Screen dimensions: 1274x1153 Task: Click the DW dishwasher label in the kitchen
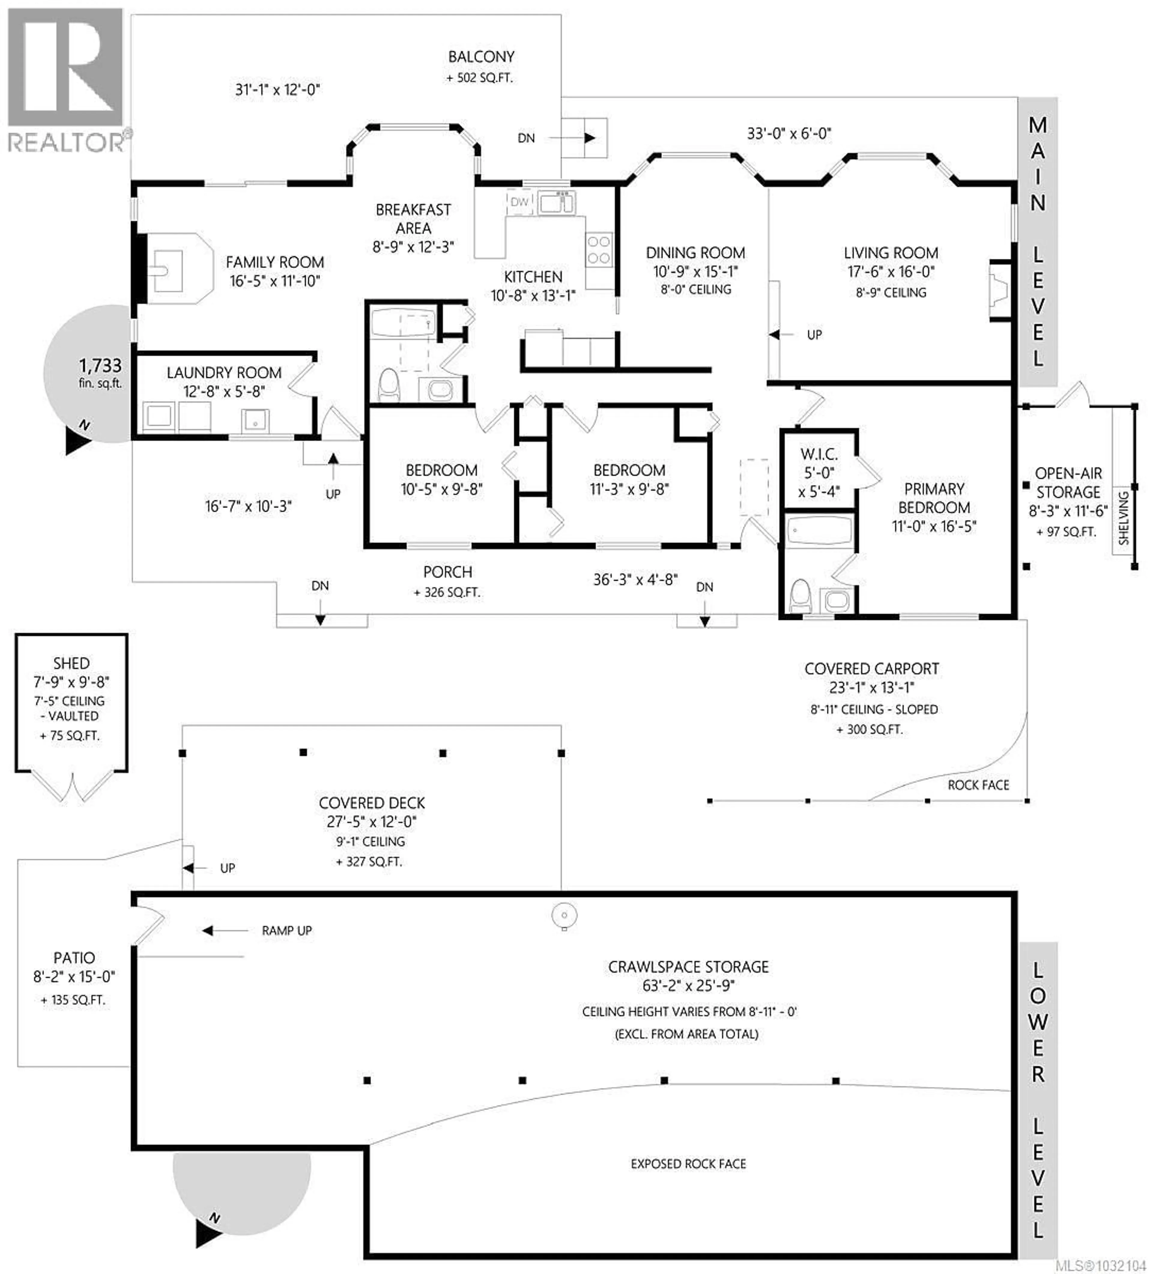519,202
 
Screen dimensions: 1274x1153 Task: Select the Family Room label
275,262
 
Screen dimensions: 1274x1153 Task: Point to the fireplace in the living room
1000,291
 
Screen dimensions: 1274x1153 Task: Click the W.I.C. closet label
819,454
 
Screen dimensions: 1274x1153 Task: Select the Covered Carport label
871,669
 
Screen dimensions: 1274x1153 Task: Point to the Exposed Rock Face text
688,1164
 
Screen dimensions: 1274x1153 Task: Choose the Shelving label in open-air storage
1123,518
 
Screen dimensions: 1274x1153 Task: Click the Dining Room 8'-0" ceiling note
696,289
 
